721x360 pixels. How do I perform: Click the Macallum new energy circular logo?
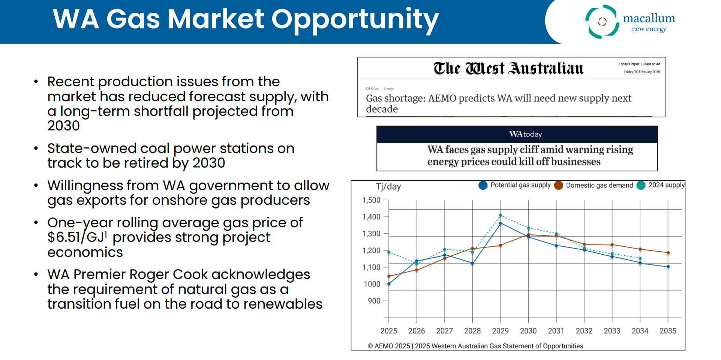[602, 22]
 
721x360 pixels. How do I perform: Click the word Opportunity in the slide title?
[355, 19]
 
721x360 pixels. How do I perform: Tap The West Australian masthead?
[508, 69]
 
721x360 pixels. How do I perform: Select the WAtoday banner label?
[525, 134]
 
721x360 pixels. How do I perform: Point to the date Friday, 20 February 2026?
[642, 72]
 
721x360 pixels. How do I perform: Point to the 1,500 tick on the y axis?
[371, 200]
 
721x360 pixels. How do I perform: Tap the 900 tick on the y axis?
[374, 301]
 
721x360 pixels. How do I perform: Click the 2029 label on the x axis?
[500, 331]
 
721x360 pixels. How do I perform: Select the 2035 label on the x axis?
[668, 331]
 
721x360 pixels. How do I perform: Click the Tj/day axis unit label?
[388, 187]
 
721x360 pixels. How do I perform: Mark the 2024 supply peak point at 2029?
[501, 215]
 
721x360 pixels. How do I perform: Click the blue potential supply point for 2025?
[389, 284]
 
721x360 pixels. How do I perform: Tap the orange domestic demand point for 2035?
[668, 253]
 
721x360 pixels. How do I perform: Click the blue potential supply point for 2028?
[472, 263]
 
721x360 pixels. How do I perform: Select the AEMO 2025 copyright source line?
[475, 346]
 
